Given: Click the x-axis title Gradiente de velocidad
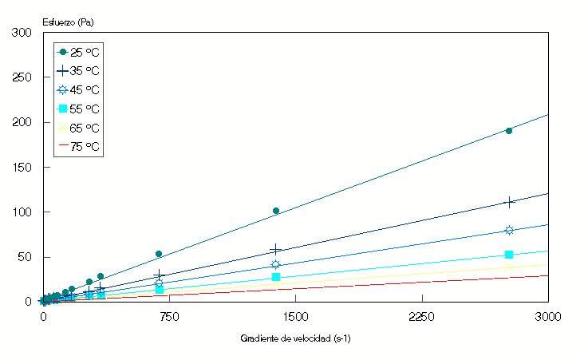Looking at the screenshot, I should (x=295, y=338).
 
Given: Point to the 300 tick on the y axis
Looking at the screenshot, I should (x=22, y=33).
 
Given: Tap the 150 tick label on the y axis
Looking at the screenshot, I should (x=22, y=168).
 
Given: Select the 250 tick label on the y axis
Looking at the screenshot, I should (x=22, y=77).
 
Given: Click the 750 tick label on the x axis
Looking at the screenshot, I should (x=169, y=317).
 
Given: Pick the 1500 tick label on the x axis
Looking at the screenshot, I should (x=295, y=317).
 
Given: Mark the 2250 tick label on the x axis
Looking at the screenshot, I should (x=421, y=317).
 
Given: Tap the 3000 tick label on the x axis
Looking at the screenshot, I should (x=547, y=317).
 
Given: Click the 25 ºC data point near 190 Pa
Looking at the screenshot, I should (x=509, y=130).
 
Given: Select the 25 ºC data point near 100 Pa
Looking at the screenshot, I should (x=276, y=211).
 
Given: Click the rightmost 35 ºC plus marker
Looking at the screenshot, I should (x=509, y=202).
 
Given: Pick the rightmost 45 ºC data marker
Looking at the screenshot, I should (x=509, y=230).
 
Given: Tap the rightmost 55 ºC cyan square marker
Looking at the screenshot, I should (x=509, y=255).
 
